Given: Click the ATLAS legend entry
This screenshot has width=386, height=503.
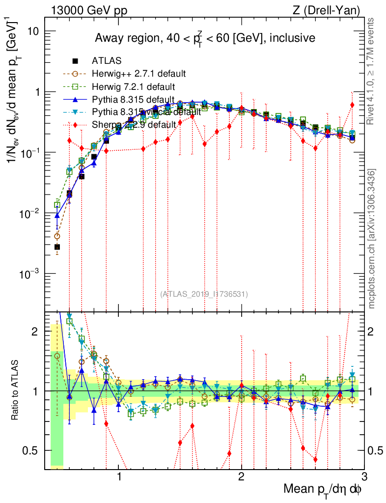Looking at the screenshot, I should coord(107,61).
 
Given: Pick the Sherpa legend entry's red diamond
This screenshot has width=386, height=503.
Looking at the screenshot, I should coord(75,125).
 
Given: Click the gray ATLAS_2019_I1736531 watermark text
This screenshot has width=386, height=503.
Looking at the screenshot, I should coord(204,294).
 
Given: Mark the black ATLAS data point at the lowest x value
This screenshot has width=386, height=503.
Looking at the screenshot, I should coord(57,247).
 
